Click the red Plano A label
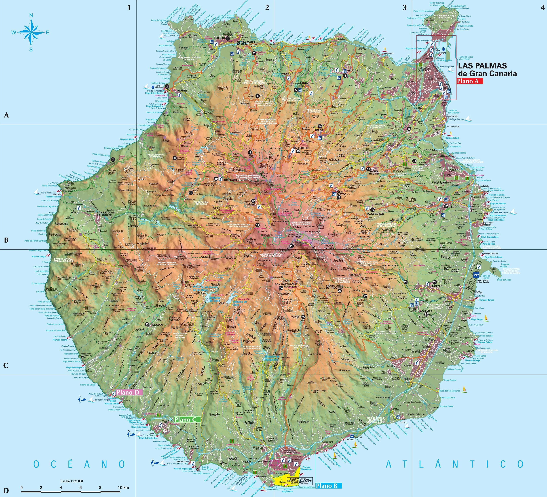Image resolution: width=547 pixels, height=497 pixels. pyautogui.click(x=469, y=81)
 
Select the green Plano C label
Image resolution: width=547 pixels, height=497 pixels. pyautogui.click(x=187, y=420)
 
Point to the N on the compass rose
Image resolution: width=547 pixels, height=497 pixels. pyautogui.click(x=31, y=15)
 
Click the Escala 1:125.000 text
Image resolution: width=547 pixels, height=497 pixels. pyautogui.click(x=72, y=481)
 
